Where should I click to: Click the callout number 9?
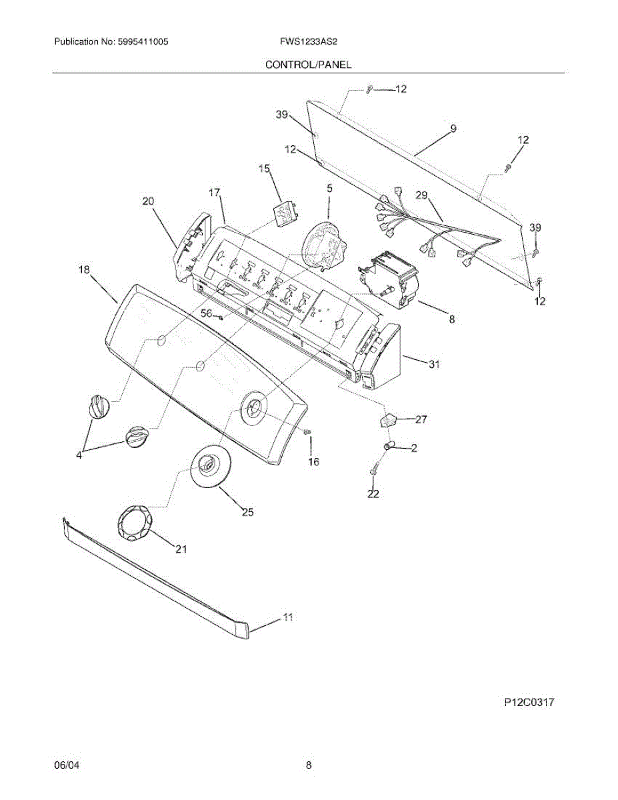(453, 129)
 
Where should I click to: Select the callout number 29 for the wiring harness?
(421, 195)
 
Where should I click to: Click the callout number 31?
(434, 364)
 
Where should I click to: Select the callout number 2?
(414, 449)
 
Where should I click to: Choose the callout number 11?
(288, 618)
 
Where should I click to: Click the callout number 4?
(79, 455)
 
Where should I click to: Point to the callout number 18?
(84, 270)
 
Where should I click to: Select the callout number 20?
(148, 200)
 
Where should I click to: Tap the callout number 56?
(207, 313)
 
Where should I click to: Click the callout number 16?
(313, 461)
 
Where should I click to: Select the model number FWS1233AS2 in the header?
(309, 41)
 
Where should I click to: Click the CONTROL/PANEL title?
(309, 65)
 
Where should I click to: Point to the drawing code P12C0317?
(529, 702)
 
